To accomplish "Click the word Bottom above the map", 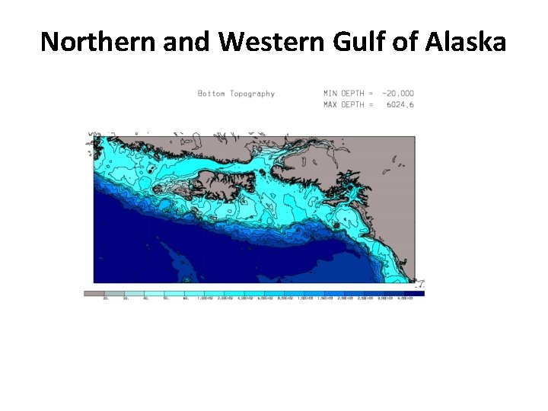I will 210,94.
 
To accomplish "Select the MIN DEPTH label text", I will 343,94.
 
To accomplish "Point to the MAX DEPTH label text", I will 343,104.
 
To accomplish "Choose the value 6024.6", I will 400,104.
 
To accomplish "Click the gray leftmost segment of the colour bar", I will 94,293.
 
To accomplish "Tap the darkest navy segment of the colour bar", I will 415,293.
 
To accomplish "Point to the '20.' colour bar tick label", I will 105,298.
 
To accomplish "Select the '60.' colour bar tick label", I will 185,298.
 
